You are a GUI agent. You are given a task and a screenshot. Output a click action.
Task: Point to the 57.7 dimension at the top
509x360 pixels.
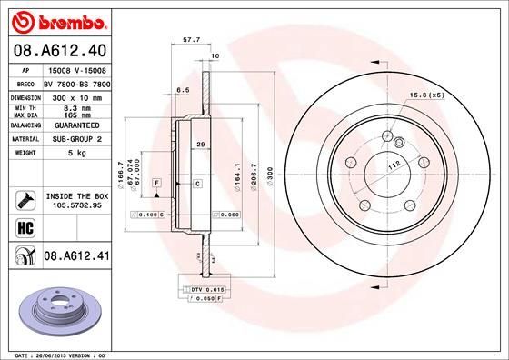(x=192, y=41)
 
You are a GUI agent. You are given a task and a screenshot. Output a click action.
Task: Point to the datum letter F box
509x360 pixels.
(x=157, y=184)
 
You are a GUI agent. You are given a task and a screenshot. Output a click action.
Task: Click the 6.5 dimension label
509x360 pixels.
(x=182, y=90)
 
